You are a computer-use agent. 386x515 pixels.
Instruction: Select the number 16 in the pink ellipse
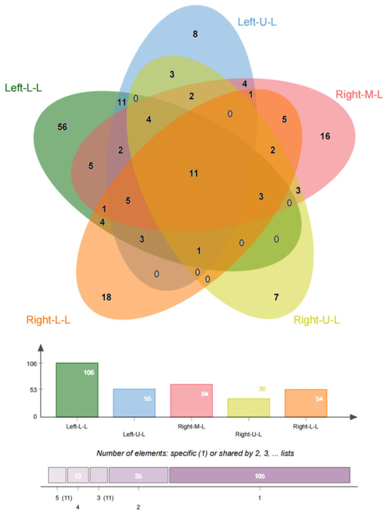[325, 136]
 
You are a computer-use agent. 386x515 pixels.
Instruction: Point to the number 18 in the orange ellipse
[106, 297]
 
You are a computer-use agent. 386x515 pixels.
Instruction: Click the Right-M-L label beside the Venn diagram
[358, 95]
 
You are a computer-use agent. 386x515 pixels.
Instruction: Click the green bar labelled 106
[77, 389]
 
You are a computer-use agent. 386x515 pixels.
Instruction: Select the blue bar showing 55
[134, 402]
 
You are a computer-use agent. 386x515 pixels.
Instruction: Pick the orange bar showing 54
[306, 402]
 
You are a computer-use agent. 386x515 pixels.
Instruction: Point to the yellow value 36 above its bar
[262, 389]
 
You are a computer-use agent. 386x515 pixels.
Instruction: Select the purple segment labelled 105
[260, 475]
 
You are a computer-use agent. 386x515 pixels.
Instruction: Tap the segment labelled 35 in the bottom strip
[138, 475]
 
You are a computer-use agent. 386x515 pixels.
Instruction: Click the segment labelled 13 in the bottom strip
[78, 475]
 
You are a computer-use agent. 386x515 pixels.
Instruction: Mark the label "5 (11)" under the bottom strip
[63, 498]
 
